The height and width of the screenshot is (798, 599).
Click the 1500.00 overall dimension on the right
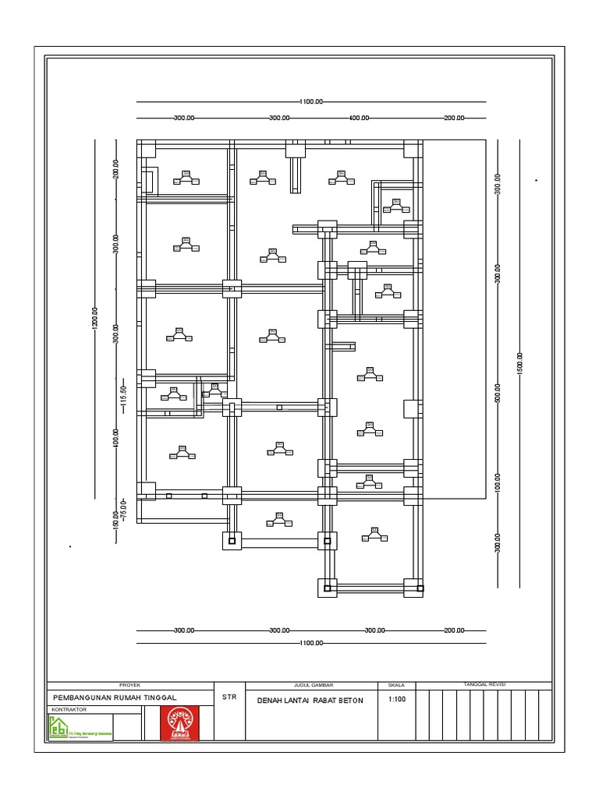coord(519,363)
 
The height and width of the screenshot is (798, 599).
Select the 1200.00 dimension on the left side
coord(95,319)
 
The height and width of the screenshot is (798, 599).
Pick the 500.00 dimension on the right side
coord(497,392)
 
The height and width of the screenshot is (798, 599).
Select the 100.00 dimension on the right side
coord(497,482)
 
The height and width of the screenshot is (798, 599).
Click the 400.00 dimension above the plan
coord(359,118)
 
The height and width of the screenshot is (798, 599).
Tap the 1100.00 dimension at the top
coord(311,102)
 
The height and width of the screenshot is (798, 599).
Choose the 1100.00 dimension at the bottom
coord(311,644)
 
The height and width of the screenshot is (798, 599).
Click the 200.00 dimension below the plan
coord(454,630)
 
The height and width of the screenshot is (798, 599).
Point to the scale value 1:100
coord(396,699)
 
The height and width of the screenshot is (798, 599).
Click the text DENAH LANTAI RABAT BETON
coord(310,701)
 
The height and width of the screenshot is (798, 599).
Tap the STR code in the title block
coord(229,697)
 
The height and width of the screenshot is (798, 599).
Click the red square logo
coord(179,723)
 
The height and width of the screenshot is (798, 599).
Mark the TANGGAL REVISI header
coord(485,684)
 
